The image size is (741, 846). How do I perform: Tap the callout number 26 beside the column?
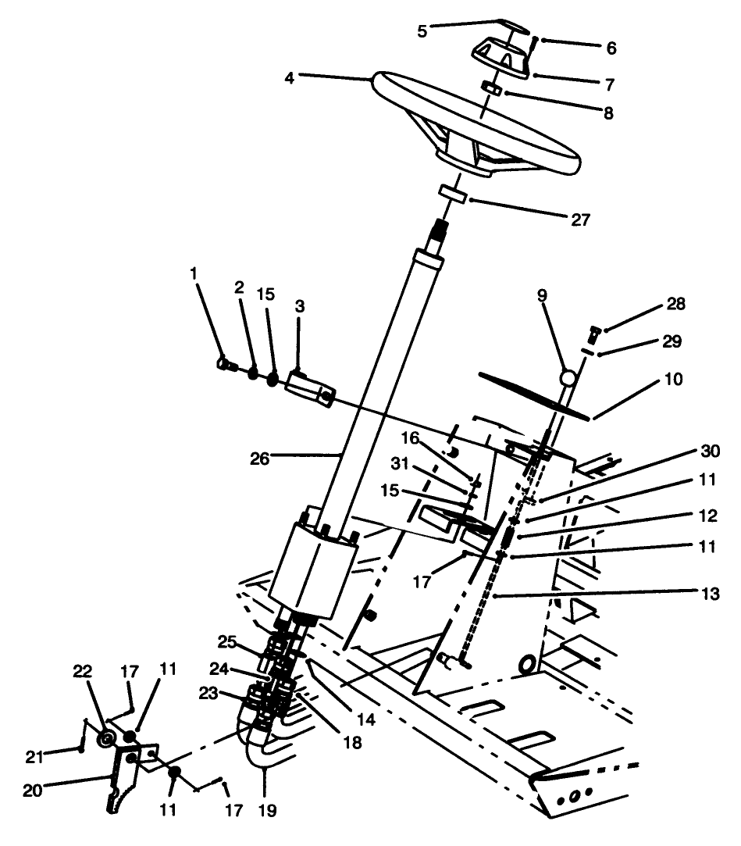click(259, 459)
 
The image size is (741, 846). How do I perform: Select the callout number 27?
click(579, 220)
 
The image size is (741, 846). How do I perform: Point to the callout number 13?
click(707, 595)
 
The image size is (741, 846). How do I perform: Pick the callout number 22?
click(83, 672)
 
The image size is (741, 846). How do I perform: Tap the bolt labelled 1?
click(225, 362)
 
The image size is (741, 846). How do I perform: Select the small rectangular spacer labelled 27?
click(451, 193)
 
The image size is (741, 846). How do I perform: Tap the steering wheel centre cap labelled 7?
click(500, 59)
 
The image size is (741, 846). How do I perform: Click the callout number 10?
click(673, 380)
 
